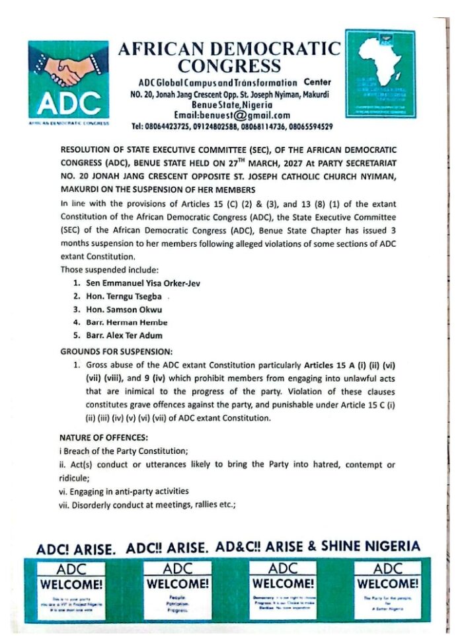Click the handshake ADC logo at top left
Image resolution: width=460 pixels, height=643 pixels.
tap(68, 81)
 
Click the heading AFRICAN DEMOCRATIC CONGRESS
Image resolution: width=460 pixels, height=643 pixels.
tap(229, 57)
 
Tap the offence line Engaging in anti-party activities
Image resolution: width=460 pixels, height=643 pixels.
tap(124, 492)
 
